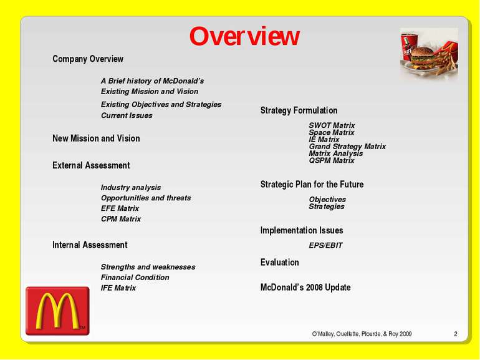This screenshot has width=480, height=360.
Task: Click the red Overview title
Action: tap(244, 36)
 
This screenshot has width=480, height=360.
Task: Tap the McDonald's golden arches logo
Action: tap(57, 311)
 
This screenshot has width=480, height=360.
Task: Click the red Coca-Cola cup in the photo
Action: tap(409, 47)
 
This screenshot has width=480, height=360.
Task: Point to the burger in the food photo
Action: tap(423, 57)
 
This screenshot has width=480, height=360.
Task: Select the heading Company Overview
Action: tap(88, 59)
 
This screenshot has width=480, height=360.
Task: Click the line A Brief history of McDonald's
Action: tap(153, 81)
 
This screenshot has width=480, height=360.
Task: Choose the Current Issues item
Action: tap(127, 115)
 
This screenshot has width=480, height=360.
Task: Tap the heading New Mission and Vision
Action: tap(96, 138)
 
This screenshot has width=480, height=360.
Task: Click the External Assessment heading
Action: tap(91, 165)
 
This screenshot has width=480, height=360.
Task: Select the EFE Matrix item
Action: tap(120, 208)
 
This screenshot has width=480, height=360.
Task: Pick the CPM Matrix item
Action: tap(121, 219)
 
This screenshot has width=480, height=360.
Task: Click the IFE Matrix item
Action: tap(118, 288)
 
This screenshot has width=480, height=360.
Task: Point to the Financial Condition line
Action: tap(135, 277)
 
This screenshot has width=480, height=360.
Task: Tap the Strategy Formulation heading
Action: tap(299, 110)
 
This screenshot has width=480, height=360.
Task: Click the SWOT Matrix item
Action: tap(332, 125)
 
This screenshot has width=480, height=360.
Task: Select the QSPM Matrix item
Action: tap(332, 160)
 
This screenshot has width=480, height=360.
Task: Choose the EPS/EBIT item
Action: tap(325, 245)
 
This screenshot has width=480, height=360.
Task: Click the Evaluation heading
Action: tap(279, 262)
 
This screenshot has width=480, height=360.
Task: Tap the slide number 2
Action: tap(456, 334)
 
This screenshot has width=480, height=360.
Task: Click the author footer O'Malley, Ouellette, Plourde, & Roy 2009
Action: tap(362, 334)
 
